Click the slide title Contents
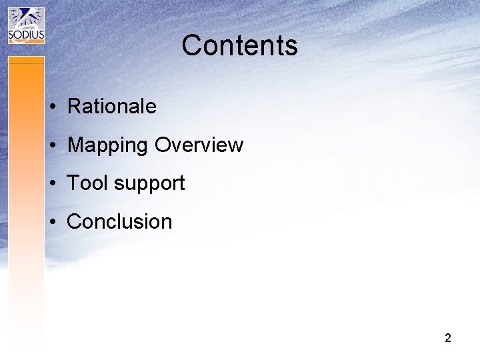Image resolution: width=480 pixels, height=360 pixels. point(239,45)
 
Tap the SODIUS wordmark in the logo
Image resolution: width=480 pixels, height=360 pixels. point(26,35)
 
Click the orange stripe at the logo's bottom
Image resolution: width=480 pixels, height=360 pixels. point(26,43)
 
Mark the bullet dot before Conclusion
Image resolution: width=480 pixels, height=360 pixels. point(51,223)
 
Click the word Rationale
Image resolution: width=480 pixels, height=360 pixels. point(112,106)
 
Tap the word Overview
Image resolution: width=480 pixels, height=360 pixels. point(199,145)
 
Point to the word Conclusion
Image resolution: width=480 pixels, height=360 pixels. point(119,221)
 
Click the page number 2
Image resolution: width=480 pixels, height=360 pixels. point(448,338)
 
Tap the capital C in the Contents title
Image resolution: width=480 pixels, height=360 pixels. point(192,45)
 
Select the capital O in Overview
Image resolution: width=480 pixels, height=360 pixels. point(163,145)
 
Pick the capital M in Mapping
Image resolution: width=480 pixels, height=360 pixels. point(76,145)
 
